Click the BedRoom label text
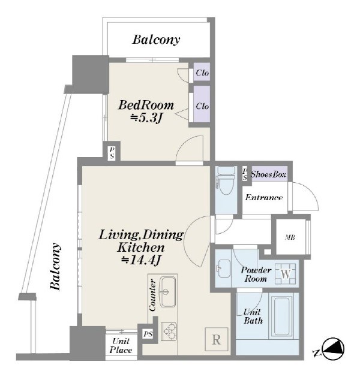click(146, 105)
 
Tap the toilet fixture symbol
click(226, 180)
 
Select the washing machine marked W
click(286, 274)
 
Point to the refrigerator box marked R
click(217, 339)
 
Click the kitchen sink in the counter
click(167, 292)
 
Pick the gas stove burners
click(169, 331)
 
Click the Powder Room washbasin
click(223, 269)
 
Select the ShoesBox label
click(269, 174)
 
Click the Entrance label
click(263, 197)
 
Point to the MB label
click(290, 237)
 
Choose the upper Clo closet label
click(202, 73)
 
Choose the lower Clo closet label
click(202, 106)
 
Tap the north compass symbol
click(333, 349)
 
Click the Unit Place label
click(121, 346)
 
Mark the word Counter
click(152, 295)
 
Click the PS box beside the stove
click(148, 334)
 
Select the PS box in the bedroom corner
click(112, 153)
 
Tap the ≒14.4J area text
click(141, 260)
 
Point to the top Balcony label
click(156, 40)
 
